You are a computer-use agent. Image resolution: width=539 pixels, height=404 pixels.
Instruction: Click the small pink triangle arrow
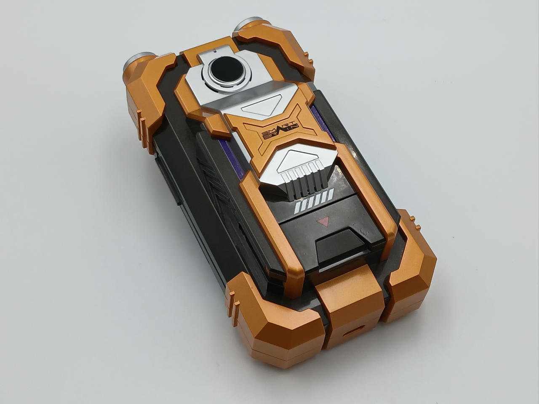[323, 221]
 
